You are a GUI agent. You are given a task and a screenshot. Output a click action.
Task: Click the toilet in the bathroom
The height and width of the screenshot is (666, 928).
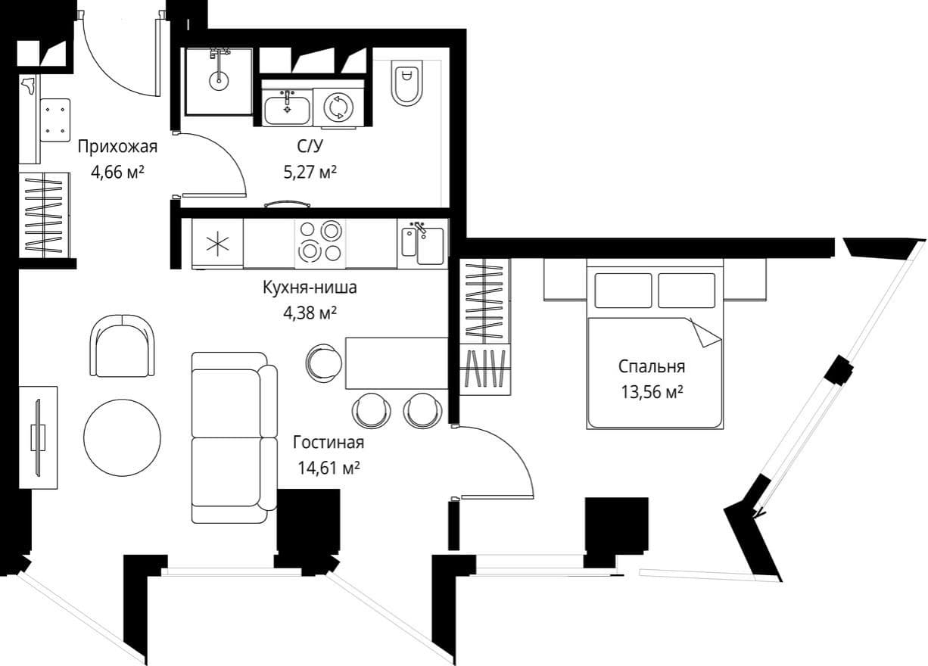pyautogui.click(x=406, y=82)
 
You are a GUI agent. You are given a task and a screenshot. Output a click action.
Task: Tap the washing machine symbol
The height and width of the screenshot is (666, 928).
pyautogui.click(x=339, y=107)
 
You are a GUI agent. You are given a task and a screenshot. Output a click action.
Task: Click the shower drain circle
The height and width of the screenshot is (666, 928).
pyautogui.click(x=218, y=80)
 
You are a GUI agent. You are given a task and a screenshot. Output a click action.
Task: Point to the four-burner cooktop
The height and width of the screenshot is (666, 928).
pyautogui.click(x=320, y=244)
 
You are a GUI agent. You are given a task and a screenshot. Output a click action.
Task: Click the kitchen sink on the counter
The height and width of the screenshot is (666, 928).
pyautogui.click(x=422, y=244)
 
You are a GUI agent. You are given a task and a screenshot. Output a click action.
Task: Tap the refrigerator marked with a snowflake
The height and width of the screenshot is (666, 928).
pyautogui.click(x=217, y=244)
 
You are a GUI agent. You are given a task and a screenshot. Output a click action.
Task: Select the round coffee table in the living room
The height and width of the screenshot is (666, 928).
pyautogui.click(x=122, y=437)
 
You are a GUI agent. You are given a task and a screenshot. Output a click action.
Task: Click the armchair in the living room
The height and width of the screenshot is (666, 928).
pyautogui.click(x=123, y=346)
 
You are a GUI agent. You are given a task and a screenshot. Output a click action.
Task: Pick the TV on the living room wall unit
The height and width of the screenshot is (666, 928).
pyautogui.click(x=38, y=437)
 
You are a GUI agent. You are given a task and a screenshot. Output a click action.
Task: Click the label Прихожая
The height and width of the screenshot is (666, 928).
pyautogui.click(x=117, y=147)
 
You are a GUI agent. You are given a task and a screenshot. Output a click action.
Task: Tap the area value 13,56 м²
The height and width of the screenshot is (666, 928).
pyautogui.click(x=652, y=392)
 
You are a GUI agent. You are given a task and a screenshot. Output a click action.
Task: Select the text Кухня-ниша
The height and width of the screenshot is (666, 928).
pyautogui.click(x=310, y=288)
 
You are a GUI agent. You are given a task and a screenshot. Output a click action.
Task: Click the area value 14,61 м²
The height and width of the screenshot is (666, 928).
pyautogui.click(x=329, y=468)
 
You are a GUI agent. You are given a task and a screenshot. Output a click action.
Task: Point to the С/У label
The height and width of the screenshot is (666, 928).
pyautogui.click(x=310, y=146)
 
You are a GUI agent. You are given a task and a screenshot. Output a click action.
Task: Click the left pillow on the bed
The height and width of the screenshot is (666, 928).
pyautogui.click(x=623, y=291)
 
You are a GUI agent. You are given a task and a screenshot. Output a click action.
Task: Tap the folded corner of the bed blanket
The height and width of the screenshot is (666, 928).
pyautogui.click(x=705, y=332)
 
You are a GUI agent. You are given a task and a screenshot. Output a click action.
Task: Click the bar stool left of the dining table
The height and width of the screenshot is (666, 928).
pyautogui.click(x=324, y=363)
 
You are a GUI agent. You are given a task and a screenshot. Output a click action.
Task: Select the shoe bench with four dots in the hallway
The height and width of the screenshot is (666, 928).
pyautogui.click(x=55, y=120)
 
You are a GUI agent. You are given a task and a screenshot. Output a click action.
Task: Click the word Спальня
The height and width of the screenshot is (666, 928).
pyautogui.click(x=652, y=366)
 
